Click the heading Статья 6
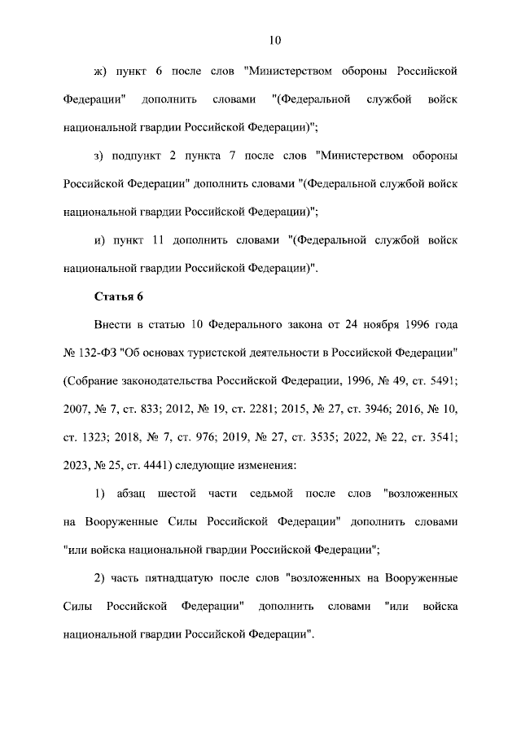point(119,296)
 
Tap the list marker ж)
point(102,71)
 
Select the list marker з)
point(102,155)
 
